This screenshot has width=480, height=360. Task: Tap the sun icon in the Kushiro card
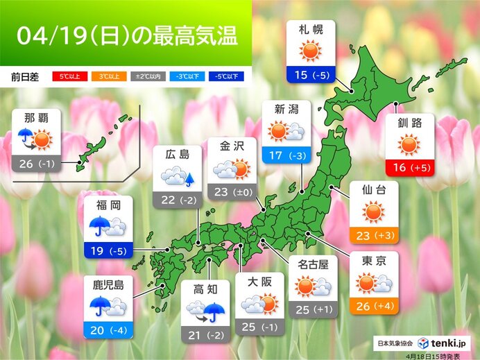(x=410, y=145)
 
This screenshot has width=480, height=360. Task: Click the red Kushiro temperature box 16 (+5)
(x=410, y=167)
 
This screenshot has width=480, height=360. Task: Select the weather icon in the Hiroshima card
(x=178, y=178)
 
